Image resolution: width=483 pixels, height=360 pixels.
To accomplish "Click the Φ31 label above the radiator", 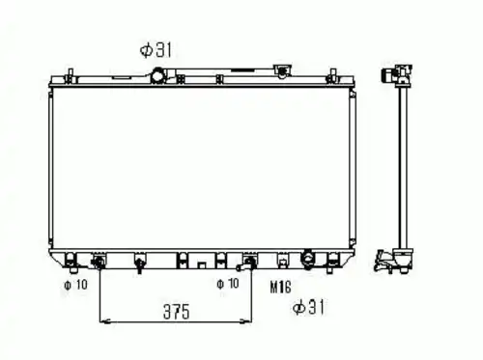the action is pyautogui.click(x=156, y=50).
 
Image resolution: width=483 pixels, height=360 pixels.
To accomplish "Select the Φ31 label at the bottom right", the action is pyautogui.click(x=308, y=307).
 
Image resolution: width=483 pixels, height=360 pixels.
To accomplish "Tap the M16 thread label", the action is pyautogui.click(x=280, y=287).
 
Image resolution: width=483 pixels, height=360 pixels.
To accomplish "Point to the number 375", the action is pyautogui.click(x=177, y=312).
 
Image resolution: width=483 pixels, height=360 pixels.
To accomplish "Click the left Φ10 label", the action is pyautogui.click(x=75, y=285).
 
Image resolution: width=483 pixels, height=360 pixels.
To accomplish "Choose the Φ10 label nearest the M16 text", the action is pyautogui.click(x=228, y=284).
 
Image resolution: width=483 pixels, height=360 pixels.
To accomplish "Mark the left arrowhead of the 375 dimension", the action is pyautogui.click(x=105, y=321).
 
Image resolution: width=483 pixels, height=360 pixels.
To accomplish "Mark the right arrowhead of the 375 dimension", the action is pyautogui.click(x=245, y=320).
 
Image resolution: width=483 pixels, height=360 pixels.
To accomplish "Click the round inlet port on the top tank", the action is pyautogui.click(x=158, y=75).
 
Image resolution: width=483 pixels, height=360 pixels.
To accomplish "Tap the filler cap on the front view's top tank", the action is pyautogui.click(x=282, y=70).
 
